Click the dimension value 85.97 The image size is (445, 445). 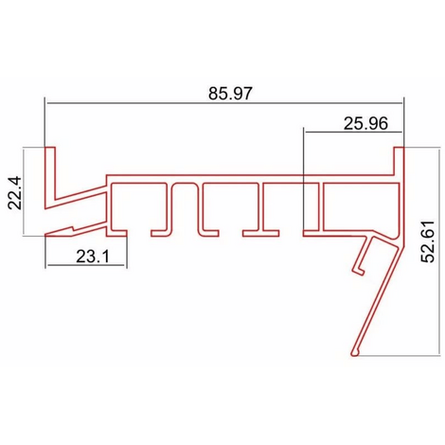click(x=231, y=94)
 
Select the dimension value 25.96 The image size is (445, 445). click(x=365, y=123)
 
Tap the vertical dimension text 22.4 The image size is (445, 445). click(x=14, y=193)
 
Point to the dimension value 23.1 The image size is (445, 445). click(x=93, y=257)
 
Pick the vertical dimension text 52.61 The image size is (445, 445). click(x=428, y=241)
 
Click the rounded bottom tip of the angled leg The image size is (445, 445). click(x=354, y=352)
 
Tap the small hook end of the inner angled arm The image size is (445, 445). click(x=359, y=271)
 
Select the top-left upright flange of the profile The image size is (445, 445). click(x=50, y=173)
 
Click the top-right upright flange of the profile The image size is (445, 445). click(x=399, y=161)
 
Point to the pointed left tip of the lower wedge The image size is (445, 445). click(x=45, y=235)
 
